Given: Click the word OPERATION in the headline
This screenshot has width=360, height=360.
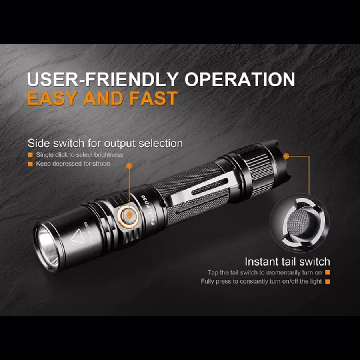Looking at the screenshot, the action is tap(240, 79).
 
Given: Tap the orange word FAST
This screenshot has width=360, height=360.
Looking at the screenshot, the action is tap(153, 98).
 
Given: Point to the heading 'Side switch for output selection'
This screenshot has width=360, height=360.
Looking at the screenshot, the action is tap(105, 144).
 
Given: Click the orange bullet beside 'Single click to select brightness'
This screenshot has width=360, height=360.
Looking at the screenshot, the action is tap(30, 155).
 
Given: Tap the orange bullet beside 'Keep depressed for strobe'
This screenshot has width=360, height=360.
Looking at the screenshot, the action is tap(30, 164).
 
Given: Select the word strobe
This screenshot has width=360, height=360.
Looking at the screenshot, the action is tap(101, 164).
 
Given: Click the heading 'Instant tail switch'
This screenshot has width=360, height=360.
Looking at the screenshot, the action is tap(287, 262).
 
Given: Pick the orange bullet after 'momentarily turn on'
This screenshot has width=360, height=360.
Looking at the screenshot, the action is tap(328, 272).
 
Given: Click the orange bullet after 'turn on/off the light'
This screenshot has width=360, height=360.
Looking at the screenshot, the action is tap(328, 281).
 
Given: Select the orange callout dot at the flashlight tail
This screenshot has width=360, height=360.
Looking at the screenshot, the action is tap(286, 156).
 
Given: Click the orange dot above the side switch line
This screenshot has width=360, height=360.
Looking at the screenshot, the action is tap(129, 165).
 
